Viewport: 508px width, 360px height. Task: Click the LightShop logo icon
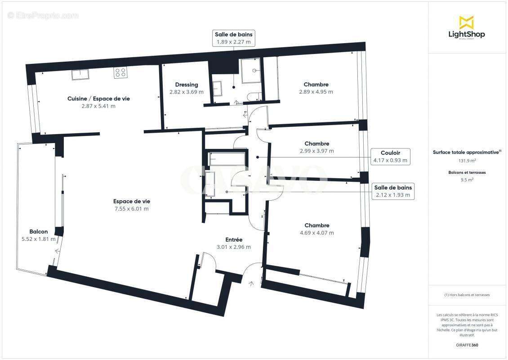[x=466, y=22]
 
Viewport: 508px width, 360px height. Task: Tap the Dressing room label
[x=187, y=85]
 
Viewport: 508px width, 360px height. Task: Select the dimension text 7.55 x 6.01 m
[x=131, y=209]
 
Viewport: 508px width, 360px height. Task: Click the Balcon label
[x=39, y=232]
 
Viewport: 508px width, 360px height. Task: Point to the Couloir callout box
[x=390, y=156]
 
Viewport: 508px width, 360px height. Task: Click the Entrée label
[x=234, y=240]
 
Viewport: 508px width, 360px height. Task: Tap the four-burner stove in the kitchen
[x=120, y=73]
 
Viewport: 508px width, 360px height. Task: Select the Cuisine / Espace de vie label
[x=98, y=99]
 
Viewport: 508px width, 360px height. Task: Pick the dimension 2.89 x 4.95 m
[x=316, y=92]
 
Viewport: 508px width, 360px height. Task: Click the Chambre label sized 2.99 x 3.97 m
[x=316, y=144]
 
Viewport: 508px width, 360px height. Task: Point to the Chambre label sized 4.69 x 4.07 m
[x=316, y=225]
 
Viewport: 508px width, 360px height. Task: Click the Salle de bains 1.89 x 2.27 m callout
[x=233, y=38]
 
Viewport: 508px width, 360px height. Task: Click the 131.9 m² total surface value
[x=467, y=160]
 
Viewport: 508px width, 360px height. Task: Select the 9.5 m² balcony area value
[x=467, y=180]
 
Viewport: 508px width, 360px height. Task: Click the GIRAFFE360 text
[x=467, y=345]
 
